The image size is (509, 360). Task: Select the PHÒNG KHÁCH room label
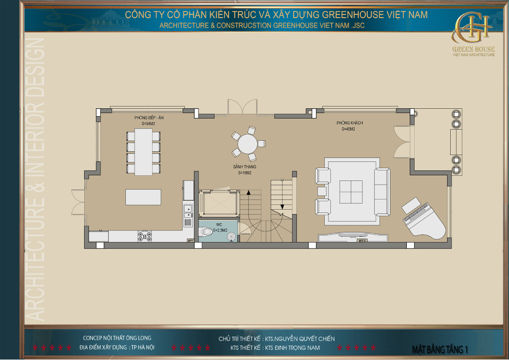tap(349, 123)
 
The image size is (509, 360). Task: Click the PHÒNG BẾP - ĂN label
tap(149, 118)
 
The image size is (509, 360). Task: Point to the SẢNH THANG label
tap(244, 167)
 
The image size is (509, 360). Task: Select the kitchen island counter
tap(143, 197)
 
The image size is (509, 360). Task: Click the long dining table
tap(143, 152)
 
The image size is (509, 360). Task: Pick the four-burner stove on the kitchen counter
tap(144, 236)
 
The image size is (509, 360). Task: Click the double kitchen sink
tap(188, 211)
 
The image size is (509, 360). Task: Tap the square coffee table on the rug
tap(351, 192)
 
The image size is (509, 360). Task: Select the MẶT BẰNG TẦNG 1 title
tap(440, 349)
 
